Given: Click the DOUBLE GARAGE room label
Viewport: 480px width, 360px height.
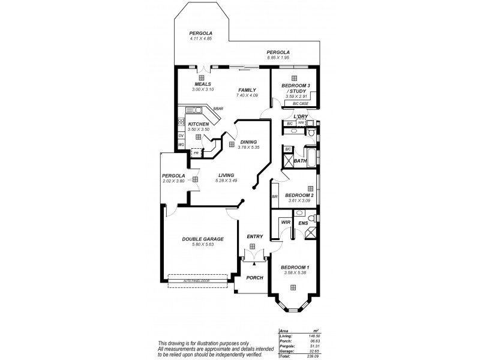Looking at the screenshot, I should click(197, 239).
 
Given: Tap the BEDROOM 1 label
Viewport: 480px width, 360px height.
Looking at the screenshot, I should click(295, 267).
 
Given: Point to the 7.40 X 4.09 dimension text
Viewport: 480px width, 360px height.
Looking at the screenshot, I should click(247, 95).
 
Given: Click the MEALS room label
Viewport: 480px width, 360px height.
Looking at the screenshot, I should click(203, 84).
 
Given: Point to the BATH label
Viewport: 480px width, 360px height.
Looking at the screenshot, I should click(300, 161).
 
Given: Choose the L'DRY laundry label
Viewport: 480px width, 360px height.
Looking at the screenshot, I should click(300, 116).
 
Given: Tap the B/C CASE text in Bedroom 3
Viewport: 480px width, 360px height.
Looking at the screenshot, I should click(300, 104).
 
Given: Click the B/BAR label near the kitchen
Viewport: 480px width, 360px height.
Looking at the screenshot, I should click(218, 109).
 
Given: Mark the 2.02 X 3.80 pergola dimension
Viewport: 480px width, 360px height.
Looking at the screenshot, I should click(173, 181).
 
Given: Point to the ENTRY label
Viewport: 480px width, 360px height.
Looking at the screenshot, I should click(255, 236).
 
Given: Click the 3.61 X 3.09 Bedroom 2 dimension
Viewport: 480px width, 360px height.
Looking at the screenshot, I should click(298, 200).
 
